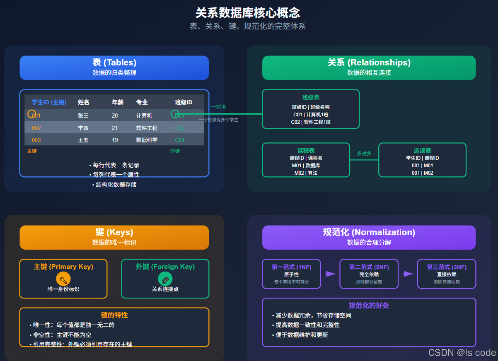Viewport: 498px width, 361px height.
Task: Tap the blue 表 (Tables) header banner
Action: click(114, 67)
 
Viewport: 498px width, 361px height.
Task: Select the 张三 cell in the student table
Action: click(83, 116)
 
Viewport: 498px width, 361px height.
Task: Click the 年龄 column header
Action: click(117, 102)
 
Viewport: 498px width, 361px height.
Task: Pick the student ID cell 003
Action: click(36, 140)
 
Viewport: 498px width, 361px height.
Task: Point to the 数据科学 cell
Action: click(147, 140)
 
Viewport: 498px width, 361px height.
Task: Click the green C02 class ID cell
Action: click(180, 128)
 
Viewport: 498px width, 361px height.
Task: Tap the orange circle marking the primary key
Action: click(32, 113)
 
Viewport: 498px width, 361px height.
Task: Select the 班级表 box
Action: click(311, 109)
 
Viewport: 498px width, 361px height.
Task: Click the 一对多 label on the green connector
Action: click(219, 107)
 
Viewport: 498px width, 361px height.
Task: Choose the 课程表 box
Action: click(306, 160)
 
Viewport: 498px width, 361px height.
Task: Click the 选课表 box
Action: click(422, 160)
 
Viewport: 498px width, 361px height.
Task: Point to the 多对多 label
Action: click(364, 154)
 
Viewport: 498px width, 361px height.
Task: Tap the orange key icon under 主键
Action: click(63, 279)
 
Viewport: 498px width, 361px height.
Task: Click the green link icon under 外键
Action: click(165, 279)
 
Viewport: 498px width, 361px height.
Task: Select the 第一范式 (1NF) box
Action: click(291, 274)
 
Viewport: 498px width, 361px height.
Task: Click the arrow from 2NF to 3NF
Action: click(408, 274)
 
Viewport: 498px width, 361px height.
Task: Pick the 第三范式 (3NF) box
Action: click(446, 274)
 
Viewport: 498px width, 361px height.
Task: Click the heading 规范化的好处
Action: click(369, 306)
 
